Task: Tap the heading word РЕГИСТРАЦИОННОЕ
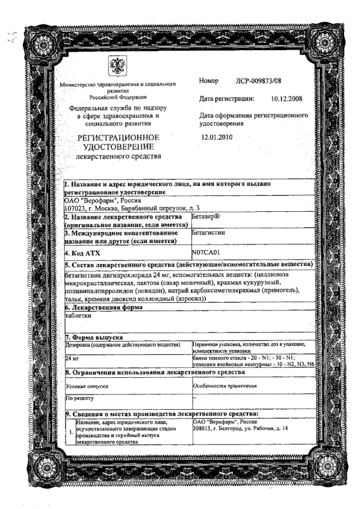tap(115, 138)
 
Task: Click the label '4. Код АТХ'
tap(86, 252)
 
